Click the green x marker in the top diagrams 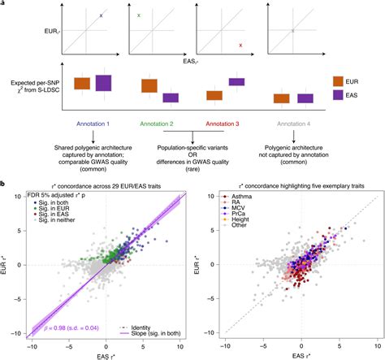[x=140, y=15]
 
